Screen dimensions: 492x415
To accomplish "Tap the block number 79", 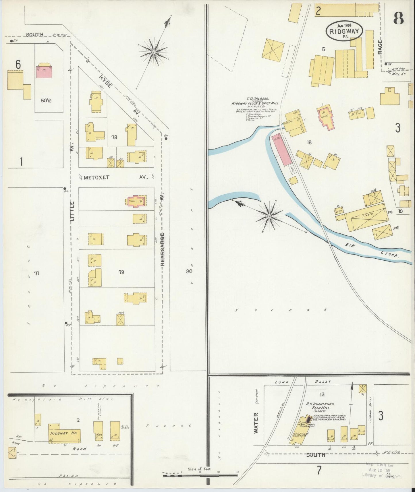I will click(121, 272).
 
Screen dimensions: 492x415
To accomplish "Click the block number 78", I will click(114, 137).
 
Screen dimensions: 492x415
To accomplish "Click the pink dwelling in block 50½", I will click(44, 72).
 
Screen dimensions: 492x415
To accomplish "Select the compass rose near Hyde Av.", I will click(154, 52).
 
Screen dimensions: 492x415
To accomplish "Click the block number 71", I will click(36, 273).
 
